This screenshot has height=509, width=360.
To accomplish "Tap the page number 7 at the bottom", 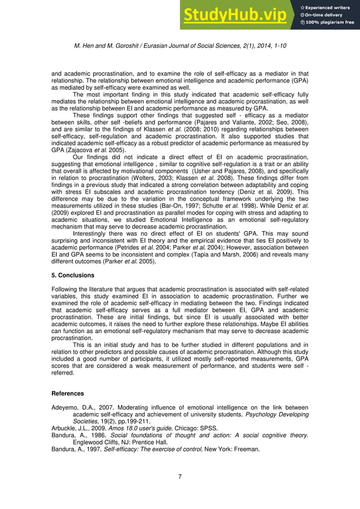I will (179, 477).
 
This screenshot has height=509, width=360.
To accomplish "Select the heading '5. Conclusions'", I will (73, 275).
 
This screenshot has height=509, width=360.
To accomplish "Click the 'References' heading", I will (67, 393).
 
